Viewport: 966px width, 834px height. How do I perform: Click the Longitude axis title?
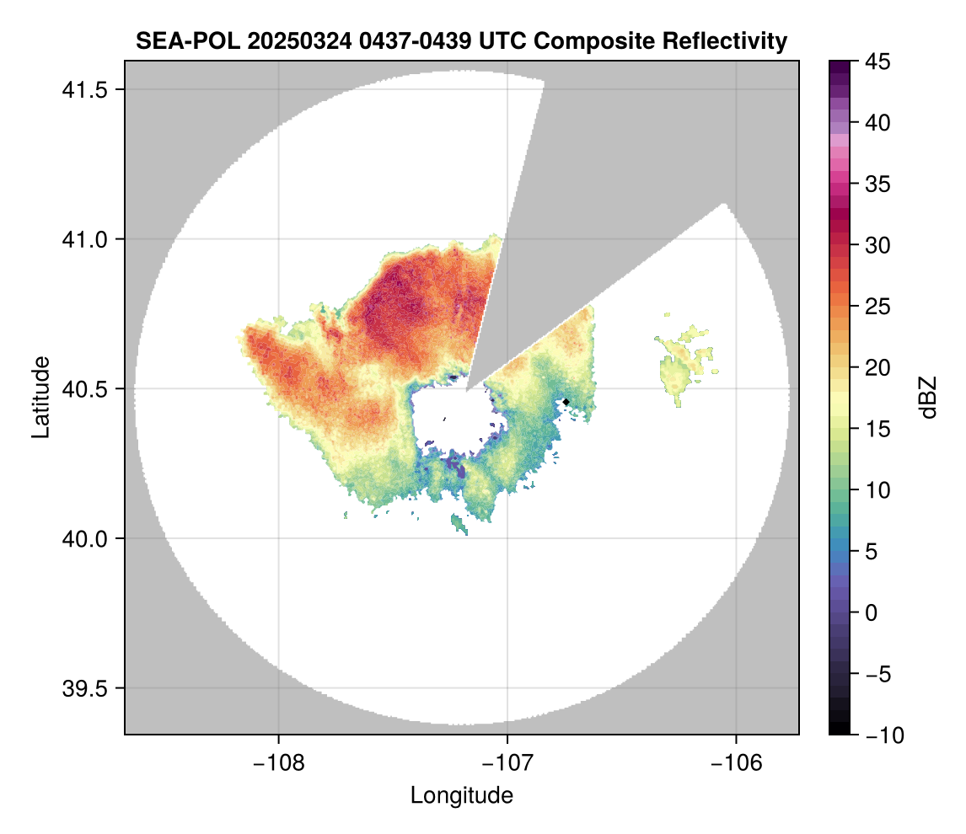[461, 795]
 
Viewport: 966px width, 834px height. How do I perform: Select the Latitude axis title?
[40, 396]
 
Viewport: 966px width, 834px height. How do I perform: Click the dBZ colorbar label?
[928, 397]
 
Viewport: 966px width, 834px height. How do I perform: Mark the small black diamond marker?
[566, 401]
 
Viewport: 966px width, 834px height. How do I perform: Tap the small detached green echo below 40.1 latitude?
[459, 525]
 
